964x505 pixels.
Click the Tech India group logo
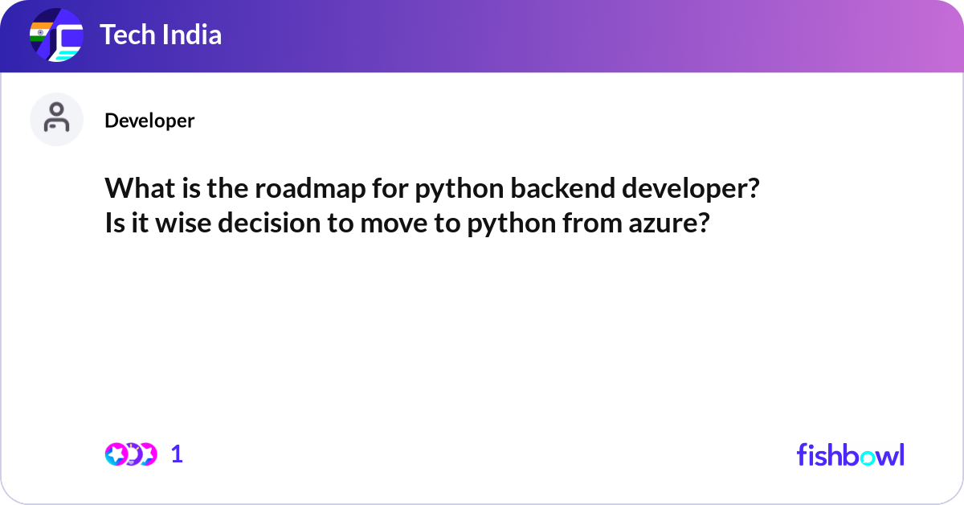click(56, 35)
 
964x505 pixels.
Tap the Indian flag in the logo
click(40, 32)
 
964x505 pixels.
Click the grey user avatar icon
click(56, 119)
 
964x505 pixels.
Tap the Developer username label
click(149, 121)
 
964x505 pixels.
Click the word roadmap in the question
click(310, 188)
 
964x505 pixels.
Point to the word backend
click(563, 188)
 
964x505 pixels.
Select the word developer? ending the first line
click(691, 190)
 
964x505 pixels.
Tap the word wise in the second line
click(183, 224)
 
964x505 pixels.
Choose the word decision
click(269, 224)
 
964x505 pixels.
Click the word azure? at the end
click(669, 224)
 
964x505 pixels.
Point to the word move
click(394, 224)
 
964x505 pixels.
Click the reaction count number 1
click(177, 454)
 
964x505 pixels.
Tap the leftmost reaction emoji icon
click(116, 454)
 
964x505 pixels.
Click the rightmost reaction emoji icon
click(147, 454)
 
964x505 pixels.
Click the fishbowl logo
click(851, 454)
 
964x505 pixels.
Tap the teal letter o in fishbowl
click(868, 458)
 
